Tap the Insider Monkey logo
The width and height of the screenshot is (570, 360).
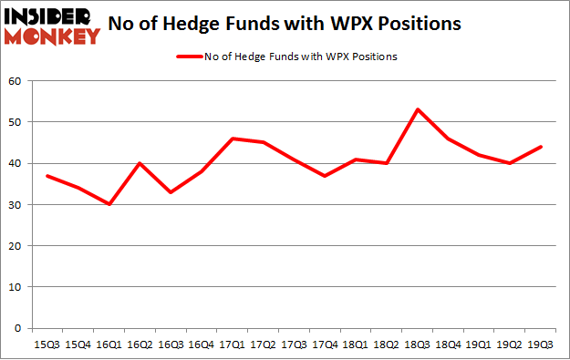click(51, 26)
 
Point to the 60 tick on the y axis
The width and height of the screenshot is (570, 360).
click(16, 81)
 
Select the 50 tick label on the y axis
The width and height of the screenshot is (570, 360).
click(16, 122)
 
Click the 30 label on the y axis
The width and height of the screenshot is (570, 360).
click(16, 204)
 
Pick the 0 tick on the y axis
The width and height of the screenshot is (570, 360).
click(18, 328)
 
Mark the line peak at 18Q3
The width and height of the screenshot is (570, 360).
click(418, 109)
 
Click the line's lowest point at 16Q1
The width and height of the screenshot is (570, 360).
click(109, 204)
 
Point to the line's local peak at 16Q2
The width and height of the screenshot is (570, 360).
click(140, 163)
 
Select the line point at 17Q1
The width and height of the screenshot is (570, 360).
click(233, 139)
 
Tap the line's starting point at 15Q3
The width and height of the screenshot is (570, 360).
click(47, 176)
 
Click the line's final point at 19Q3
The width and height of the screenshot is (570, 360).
click(541, 147)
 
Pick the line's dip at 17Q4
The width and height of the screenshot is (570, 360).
click(326, 176)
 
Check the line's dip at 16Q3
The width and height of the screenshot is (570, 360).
click(171, 192)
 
